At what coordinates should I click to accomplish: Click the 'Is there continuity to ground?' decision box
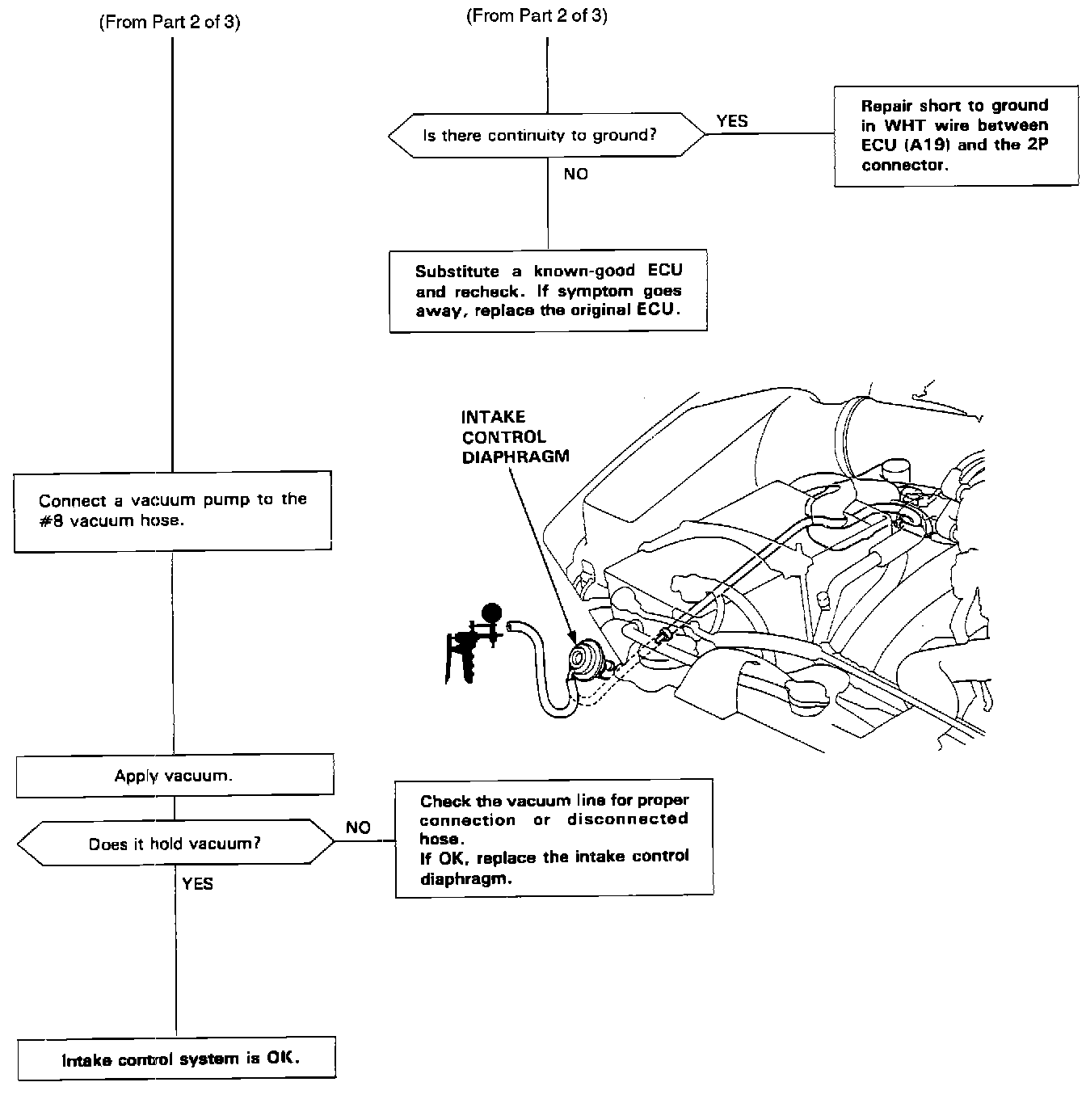(x=546, y=135)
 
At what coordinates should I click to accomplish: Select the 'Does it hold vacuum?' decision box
(x=175, y=844)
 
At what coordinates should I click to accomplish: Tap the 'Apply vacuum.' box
(x=175, y=776)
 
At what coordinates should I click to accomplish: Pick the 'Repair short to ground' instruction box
(x=955, y=135)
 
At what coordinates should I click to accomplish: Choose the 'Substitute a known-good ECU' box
(x=548, y=291)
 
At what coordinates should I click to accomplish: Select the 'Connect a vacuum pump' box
(x=173, y=511)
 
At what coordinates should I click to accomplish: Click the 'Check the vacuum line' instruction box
(x=554, y=838)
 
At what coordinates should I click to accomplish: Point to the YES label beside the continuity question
(x=732, y=121)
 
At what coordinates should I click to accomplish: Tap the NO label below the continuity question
(x=576, y=174)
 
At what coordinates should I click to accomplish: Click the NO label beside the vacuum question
(x=358, y=827)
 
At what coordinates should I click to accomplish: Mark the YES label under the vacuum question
(x=198, y=884)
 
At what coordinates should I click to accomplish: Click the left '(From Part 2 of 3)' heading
(x=169, y=22)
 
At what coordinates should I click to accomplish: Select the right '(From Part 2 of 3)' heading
(x=537, y=15)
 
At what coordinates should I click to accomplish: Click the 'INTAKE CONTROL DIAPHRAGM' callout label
(x=515, y=436)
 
